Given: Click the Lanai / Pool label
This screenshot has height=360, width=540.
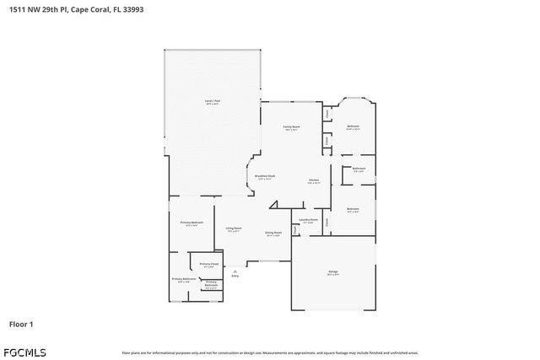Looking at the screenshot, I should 212,102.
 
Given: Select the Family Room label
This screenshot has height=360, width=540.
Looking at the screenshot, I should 291,127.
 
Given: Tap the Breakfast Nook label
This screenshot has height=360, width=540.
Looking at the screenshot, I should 265,177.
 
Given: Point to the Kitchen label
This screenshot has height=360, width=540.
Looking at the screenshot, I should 313,181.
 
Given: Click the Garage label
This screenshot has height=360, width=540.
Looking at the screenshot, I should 333,272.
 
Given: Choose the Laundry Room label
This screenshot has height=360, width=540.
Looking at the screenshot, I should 308,221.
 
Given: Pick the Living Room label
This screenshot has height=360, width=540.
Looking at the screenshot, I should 233,229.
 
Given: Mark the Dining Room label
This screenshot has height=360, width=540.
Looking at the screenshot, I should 273,234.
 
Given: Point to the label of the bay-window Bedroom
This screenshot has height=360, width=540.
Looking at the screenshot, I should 354,127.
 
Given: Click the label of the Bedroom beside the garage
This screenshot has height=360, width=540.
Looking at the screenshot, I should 353,210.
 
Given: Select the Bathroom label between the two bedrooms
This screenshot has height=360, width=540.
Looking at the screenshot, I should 359,169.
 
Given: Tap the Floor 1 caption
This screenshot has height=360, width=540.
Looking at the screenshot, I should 21,323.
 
